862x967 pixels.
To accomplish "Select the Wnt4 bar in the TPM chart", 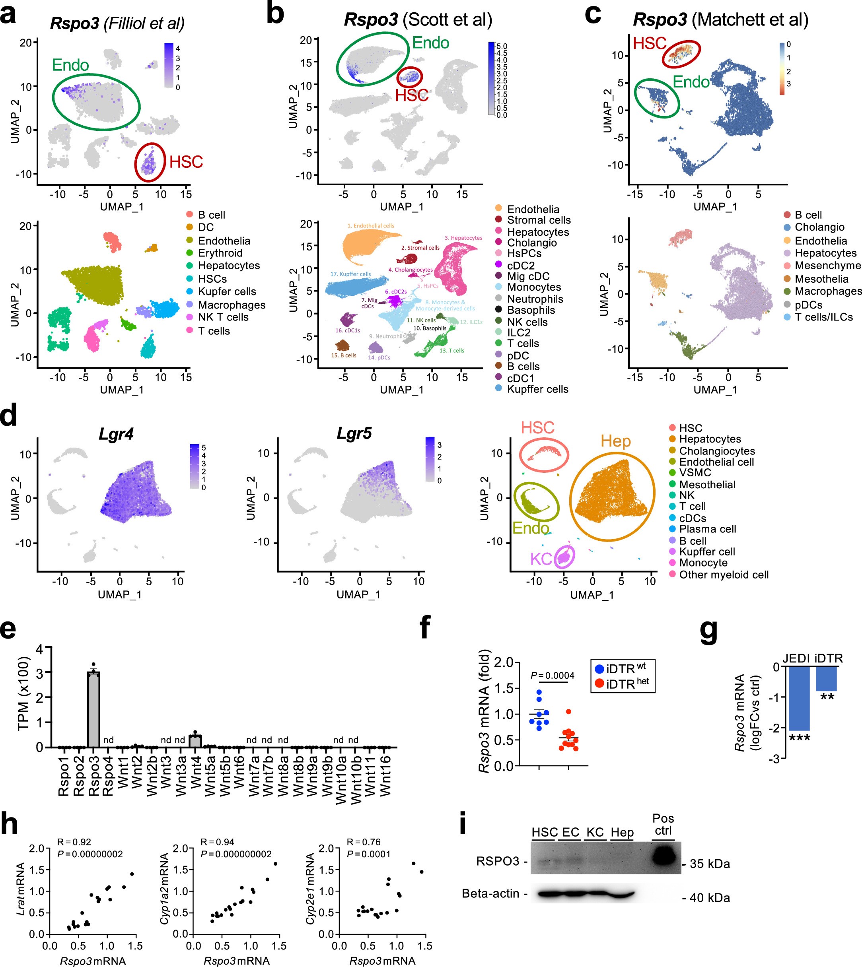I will (x=195, y=741).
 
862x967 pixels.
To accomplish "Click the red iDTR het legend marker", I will (x=599, y=684).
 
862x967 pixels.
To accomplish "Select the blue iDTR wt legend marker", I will (x=599, y=669).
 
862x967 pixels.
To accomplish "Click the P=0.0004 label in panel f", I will (x=552, y=676).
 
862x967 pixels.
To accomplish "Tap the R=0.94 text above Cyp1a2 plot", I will (x=218, y=842).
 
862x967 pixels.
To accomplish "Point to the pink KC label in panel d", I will (x=541, y=559).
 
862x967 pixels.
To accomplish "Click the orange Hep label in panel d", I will (x=616, y=441).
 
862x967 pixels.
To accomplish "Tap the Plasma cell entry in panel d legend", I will (x=707, y=529).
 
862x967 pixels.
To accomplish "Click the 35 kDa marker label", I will (x=709, y=864).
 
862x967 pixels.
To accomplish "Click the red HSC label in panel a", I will (x=186, y=162).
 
